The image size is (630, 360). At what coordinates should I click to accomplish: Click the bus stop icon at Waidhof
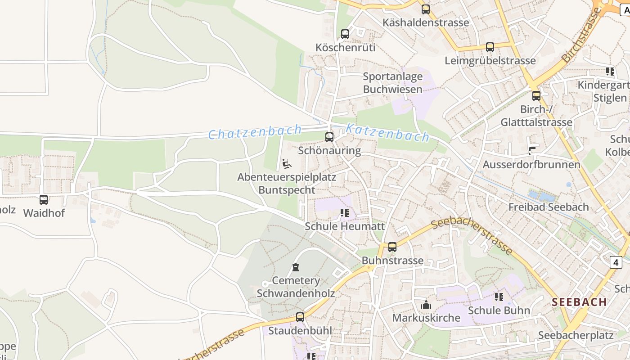pos(44,199)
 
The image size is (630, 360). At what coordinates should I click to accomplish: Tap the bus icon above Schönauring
pos(329,137)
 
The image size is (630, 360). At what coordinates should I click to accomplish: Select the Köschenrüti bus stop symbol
pos(345,34)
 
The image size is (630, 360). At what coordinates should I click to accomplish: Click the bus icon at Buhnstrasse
pos(392,247)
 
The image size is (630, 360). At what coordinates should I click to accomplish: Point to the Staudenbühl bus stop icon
pos(300,317)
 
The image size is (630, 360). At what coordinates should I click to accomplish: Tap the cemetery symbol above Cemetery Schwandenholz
pos(296,267)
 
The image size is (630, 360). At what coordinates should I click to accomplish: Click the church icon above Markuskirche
pos(426,305)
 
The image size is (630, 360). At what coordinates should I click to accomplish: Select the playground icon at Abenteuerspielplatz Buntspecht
pos(287,164)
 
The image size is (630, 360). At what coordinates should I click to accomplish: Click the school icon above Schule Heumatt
pos(345,213)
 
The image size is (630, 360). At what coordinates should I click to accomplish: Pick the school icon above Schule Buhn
pos(499,297)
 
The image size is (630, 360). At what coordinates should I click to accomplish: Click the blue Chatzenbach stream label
pos(255,132)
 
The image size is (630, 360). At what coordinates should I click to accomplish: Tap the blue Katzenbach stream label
pos(387,133)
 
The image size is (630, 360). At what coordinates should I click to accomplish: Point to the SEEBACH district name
pos(579,302)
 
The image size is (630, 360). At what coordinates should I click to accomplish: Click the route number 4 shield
pos(616,262)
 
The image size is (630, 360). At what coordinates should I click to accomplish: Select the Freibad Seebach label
pos(548,207)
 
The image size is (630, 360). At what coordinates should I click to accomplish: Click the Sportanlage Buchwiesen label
pos(393,83)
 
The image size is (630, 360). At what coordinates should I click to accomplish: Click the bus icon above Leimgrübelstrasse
pos(490,47)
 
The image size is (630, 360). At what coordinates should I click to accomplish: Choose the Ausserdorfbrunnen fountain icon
pos(532,151)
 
